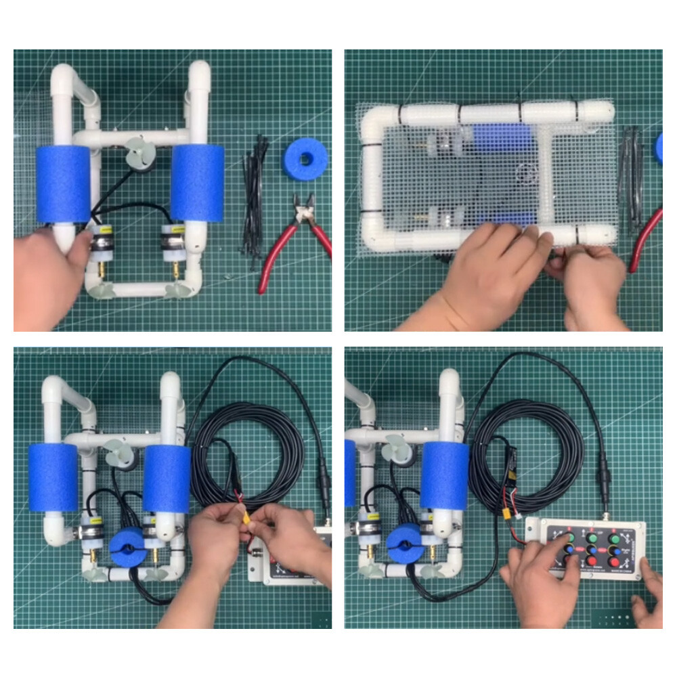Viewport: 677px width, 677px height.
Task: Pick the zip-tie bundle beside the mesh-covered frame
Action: [x=632, y=176]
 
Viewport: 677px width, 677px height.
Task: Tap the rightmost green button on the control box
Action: [x=615, y=540]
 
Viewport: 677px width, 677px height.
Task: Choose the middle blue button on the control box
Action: [x=592, y=550]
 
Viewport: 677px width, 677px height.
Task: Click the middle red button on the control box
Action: [x=592, y=561]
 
